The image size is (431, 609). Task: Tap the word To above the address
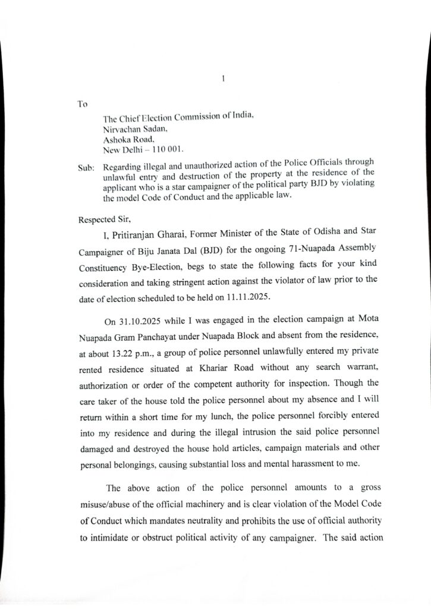[83, 103]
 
